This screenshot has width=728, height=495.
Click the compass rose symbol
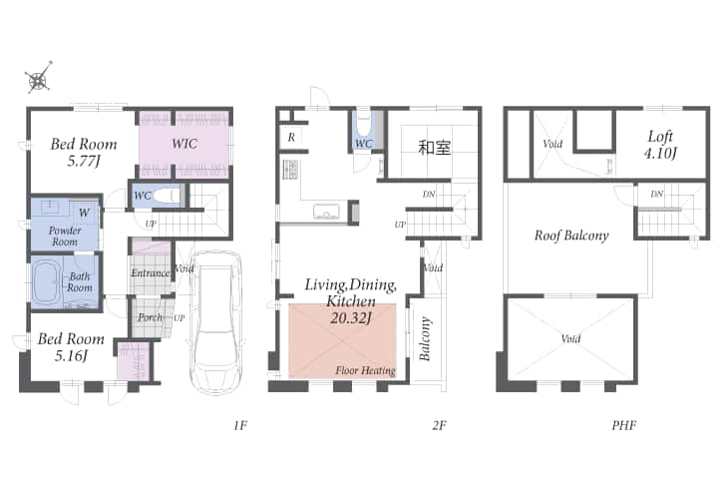38,77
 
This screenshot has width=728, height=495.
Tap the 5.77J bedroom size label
84,161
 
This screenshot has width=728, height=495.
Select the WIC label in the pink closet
184,144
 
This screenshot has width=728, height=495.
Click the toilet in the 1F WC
167,196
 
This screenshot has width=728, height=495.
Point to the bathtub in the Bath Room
47,282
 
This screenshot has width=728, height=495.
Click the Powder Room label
65,237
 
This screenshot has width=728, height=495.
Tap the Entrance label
150,272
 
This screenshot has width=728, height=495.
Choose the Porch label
150,317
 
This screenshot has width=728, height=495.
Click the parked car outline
216,322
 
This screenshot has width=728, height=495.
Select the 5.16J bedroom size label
71,356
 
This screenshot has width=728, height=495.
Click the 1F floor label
240,425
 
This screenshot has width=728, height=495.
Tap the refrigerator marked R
291,137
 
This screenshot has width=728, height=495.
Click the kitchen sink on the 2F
326,211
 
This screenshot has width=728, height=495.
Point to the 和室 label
434,148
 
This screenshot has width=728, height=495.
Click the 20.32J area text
350,318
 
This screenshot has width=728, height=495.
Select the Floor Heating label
365,370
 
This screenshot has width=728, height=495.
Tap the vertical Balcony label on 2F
425,339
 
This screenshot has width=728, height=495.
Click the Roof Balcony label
571,236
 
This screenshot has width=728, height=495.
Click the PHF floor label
623,425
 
